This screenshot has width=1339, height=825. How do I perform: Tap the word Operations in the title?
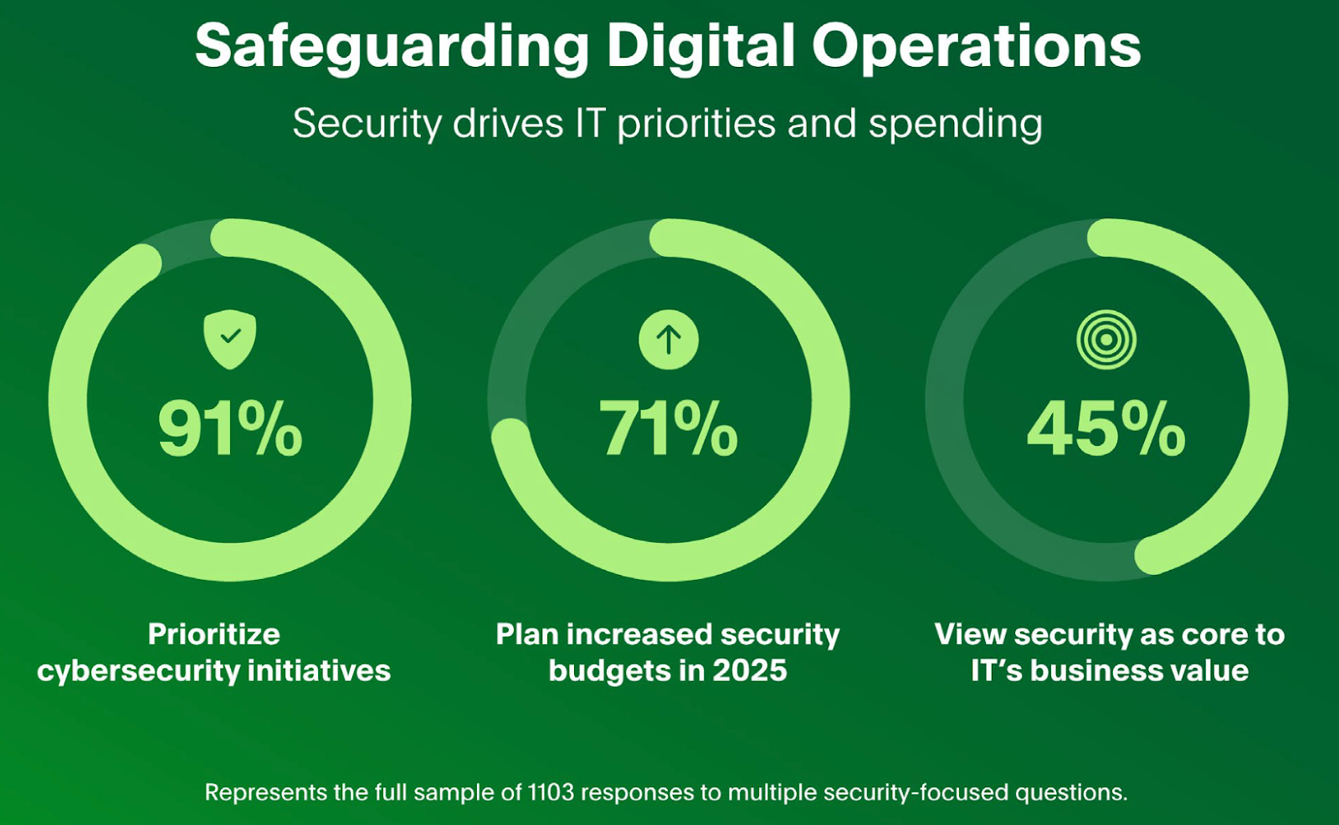(x=976, y=46)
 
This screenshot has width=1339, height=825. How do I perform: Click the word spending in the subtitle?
(x=955, y=125)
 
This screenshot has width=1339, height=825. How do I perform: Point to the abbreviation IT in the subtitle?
(x=589, y=124)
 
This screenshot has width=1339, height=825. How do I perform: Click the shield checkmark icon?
(x=230, y=339)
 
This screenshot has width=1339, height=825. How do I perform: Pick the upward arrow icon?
(x=668, y=340)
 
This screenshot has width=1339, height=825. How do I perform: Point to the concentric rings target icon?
(x=1106, y=340)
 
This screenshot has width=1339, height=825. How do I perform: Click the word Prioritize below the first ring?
(x=214, y=634)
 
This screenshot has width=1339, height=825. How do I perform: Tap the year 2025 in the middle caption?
(x=750, y=671)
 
